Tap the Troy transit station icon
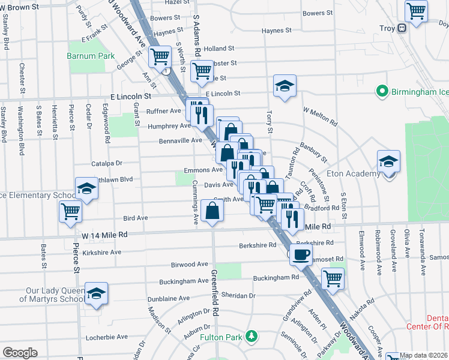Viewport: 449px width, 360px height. [402, 28]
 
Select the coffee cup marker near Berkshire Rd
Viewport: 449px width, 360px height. [301, 254]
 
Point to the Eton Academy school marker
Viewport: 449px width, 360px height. [389, 161]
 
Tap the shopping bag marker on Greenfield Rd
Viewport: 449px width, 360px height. [212, 211]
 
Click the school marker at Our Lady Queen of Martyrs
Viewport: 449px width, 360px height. [96, 293]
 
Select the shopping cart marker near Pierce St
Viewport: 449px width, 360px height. [71, 211]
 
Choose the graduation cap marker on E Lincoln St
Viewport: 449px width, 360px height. [285, 85]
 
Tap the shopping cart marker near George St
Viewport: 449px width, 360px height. [160, 58]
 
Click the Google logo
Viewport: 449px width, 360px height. [20, 352]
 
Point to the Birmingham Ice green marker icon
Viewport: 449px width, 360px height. [381, 91]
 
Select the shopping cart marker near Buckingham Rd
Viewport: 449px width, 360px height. [333, 278]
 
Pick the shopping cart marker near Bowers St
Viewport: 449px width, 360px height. [415, 10]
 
